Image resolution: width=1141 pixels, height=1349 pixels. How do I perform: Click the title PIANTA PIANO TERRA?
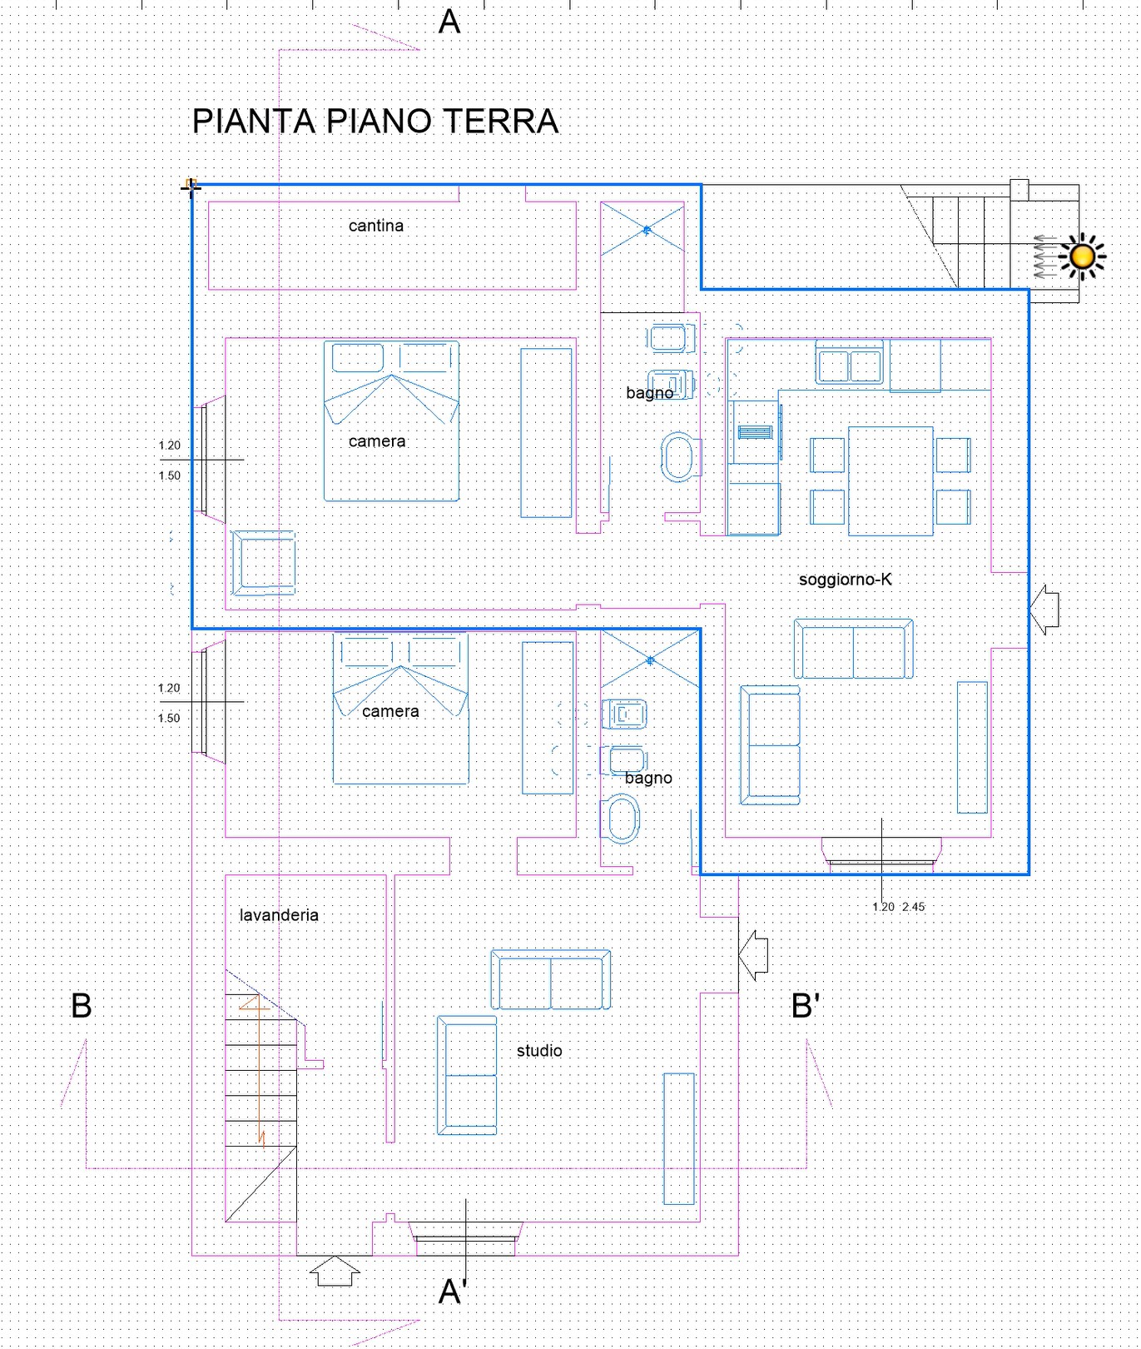(x=375, y=122)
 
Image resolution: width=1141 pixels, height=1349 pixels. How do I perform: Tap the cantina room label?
(x=376, y=226)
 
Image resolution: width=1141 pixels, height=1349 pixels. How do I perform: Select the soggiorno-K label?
(x=846, y=580)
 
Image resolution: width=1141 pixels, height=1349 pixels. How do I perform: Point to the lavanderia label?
(x=279, y=915)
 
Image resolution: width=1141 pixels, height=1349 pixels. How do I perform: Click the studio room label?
(x=539, y=1051)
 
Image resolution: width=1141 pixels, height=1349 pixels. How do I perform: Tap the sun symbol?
(x=1082, y=256)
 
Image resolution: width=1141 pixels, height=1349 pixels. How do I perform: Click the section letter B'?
(x=806, y=1006)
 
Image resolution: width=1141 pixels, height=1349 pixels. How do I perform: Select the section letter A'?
(x=453, y=1292)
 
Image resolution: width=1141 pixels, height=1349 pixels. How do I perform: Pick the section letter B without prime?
(x=82, y=1006)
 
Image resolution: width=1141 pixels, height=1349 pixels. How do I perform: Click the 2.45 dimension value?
(x=914, y=908)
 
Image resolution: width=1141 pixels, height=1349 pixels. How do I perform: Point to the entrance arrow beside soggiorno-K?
(x=1044, y=610)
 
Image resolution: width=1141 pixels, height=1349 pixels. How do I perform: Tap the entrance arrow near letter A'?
(x=335, y=1271)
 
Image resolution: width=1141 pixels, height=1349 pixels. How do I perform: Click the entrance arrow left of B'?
(x=753, y=955)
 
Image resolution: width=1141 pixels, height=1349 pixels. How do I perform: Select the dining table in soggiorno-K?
(x=890, y=480)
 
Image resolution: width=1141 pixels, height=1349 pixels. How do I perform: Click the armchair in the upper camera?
(x=264, y=564)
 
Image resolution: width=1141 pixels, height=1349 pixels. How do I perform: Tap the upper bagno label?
(x=650, y=393)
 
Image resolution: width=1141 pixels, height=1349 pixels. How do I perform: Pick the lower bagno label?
(x=648, y=778)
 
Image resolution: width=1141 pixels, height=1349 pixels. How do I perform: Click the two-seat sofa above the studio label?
(x=551, y=980)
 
